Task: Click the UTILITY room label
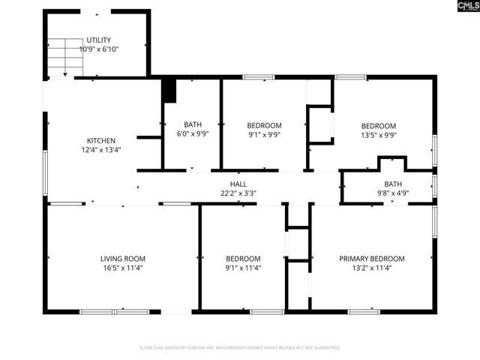pyautogui.click(x=99, y=39)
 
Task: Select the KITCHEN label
pyautogui.click(x=101, y=140)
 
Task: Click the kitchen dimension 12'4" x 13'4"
pyautogui.click(x=101, y=149)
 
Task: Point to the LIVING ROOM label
pyautogui.click(x=122, y=259)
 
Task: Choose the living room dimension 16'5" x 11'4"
pyautogui.click(x=122, y=268)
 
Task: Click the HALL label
pyautogui.click(x=238, y=184)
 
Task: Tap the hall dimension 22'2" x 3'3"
pyautogui.click(x=238, y=193)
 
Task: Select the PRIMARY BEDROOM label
pyautogui.click(x=371, y=259)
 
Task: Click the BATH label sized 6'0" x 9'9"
pyautogui.click(x=193, y=124)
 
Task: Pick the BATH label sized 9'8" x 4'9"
pyautogui.click(x=393, y=184)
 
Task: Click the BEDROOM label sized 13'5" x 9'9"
pyautogui.click(x=378, y=126)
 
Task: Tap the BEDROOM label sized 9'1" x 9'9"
pyautogui.click(x=264, y=125)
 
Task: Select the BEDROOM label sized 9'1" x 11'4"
pyautogui.click(x=243, y=259)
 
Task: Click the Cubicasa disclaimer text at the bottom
pyautogui.click(x=240, y=348)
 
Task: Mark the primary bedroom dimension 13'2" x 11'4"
pyautogui.click(x=371, y=268)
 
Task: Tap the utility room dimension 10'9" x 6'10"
pyautogui.click(x=99, y=49)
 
